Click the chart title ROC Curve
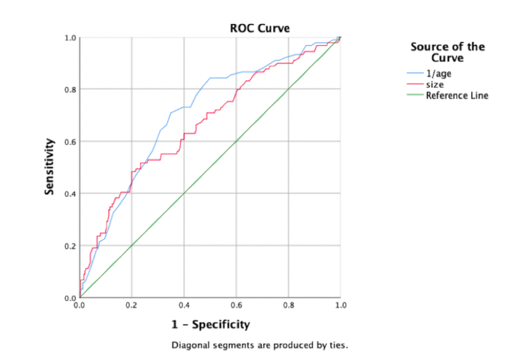coord(260,28)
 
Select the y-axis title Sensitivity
coord(50,167)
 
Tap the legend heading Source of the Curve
coord(447,53)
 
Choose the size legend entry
coord(435,85)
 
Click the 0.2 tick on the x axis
coord(131,305)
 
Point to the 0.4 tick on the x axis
coord(184,305)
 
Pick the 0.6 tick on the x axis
coord(236,305)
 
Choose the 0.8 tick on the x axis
coord(288,305)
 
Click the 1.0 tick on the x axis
coord(340,305)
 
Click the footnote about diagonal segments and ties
coord(260,345)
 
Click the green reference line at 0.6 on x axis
coord(236,141)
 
